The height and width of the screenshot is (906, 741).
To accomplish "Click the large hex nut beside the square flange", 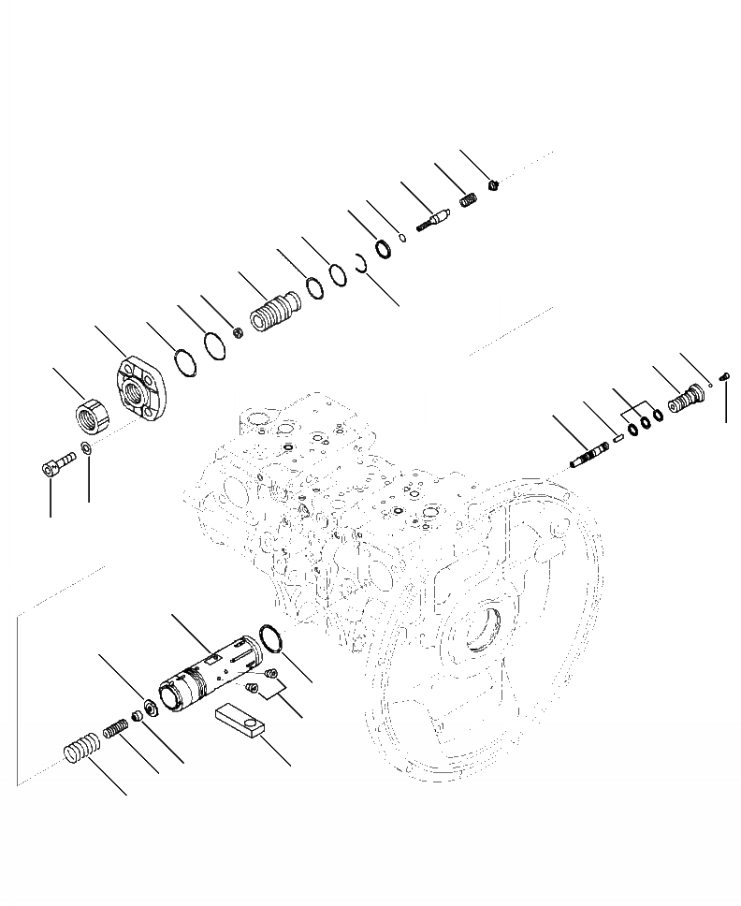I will tap(92, 412).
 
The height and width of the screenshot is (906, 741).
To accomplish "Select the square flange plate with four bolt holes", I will tap(141, 388).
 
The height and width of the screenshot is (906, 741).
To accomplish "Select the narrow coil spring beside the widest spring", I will tap(115, 726).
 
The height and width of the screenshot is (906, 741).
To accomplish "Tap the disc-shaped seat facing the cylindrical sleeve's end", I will tap(151, 706).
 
